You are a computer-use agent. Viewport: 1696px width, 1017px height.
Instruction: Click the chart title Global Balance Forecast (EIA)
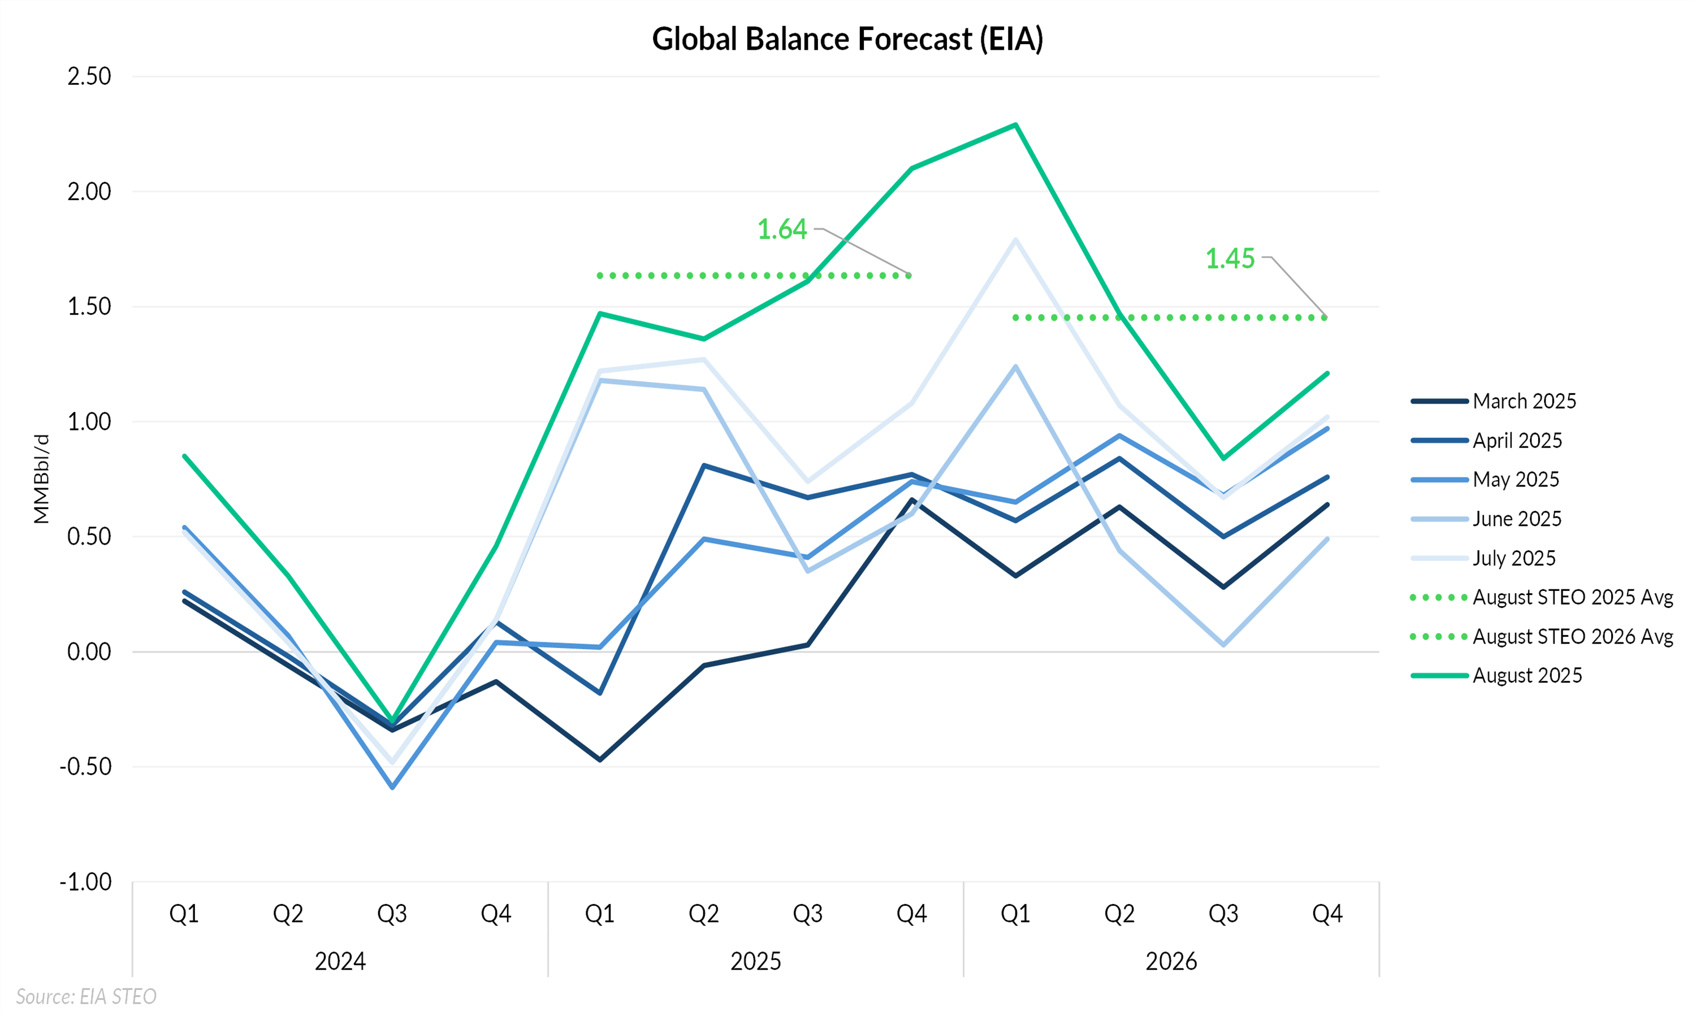(x=847, y=39)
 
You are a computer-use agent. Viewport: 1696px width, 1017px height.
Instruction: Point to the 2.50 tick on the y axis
(x=89, y=76)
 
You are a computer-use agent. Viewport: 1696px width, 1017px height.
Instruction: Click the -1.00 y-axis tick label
(x=86, y=882)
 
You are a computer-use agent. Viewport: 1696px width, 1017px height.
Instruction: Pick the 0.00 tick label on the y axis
(x=89, y=652)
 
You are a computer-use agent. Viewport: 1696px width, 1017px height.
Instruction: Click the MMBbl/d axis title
(x=42, y=479)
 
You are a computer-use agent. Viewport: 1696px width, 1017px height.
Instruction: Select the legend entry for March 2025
(x=1524, y=401)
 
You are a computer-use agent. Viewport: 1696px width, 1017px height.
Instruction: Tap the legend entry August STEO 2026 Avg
(x=1573, y=637)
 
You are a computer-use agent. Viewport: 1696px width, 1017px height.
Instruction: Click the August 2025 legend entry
(x=1526, y=676)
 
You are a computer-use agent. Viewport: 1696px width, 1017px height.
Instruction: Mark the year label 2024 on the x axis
(x=340, y=962)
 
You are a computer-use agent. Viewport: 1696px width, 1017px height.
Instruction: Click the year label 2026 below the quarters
(x=1171, y=962)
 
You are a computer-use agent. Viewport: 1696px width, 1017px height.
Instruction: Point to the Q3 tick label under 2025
(x=807, y=914)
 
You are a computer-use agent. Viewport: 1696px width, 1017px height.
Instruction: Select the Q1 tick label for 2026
(x=1015, y=914)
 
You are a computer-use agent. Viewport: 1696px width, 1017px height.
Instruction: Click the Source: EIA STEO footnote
(x=86, y=997)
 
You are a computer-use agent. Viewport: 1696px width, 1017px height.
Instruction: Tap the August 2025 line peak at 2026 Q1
(x=1015, y=125)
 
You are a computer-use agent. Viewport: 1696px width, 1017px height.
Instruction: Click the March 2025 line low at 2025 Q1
(x=600, y=760)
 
